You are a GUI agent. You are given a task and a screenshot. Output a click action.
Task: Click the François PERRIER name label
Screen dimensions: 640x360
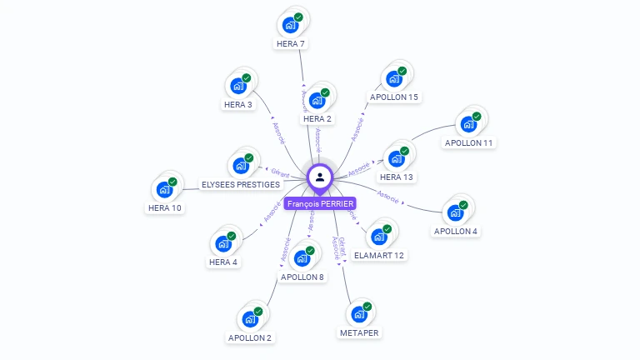[320, 203]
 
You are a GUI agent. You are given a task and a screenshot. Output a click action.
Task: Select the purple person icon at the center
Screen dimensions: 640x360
[320, 177]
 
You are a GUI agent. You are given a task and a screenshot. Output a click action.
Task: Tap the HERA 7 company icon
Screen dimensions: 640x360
[290, 24]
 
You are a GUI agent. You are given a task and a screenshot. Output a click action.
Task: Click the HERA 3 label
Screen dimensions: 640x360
[237, 105]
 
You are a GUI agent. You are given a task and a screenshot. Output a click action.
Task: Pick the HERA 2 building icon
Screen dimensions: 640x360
[317, 100]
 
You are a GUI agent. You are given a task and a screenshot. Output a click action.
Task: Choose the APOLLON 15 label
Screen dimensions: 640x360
[394, 97]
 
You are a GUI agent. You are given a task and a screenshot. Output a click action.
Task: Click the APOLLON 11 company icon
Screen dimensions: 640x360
[468, 124]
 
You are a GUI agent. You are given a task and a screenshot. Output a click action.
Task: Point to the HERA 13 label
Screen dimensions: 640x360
[397, 177]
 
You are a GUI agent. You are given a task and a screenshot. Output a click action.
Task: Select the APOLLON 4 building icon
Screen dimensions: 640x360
[455, 212]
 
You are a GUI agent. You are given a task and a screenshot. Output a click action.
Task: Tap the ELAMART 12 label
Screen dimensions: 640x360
[379, 255]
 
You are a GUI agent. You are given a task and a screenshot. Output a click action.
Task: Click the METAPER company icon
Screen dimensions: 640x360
[359, 314]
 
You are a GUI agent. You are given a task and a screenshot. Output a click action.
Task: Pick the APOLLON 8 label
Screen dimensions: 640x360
[302, 277]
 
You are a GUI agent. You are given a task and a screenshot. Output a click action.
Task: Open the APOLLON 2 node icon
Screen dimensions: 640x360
[250, 319]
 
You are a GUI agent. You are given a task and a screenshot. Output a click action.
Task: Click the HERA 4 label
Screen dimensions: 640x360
[223, 262]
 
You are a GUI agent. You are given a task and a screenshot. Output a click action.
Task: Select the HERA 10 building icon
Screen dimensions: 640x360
[164, 189]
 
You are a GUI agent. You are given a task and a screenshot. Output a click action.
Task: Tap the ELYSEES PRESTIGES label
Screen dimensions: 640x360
[240, 184]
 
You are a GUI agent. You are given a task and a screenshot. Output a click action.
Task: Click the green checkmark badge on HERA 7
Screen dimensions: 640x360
[298, 17]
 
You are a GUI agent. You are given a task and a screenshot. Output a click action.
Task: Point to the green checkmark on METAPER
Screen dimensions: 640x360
[367, 307]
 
